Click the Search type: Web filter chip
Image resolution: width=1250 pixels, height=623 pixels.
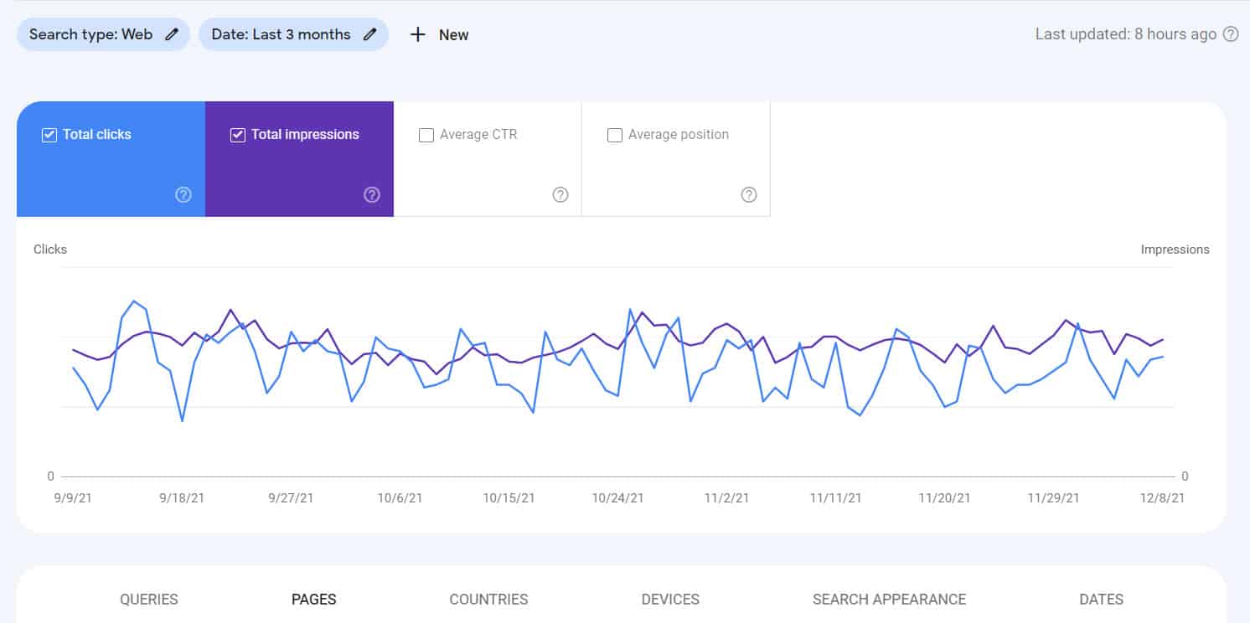(103, 34)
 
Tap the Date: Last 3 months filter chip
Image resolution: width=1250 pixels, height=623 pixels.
(293, 34)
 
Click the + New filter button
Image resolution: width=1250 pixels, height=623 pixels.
(439, 34)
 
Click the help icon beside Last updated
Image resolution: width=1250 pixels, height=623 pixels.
(1231, 34)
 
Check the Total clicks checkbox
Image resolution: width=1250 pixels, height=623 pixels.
(49, 135)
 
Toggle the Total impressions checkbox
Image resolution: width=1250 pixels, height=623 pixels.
(238, 135)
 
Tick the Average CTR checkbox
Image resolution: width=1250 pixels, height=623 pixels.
(426, 135)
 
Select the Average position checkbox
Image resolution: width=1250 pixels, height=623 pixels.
(615, 135)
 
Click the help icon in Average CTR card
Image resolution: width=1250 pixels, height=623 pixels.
(560, 194)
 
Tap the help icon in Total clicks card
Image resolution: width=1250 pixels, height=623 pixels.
(183, 194)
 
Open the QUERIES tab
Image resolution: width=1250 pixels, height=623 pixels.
(149, 600)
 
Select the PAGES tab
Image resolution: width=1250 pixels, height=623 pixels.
(314, 600)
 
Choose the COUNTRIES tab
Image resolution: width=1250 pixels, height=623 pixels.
(488, 600)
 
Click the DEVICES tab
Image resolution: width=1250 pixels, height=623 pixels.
(670, 600)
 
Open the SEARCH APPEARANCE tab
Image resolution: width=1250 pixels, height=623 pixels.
(889, 600)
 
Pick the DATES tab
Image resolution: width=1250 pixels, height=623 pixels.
(1101, 600)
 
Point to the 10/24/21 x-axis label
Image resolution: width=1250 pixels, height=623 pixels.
(617, 497)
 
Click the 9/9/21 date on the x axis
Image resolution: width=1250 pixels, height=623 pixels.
(73, 497)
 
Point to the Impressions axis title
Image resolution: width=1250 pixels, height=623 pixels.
(1175, 250)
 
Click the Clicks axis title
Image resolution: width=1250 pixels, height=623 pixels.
(50, 250)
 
